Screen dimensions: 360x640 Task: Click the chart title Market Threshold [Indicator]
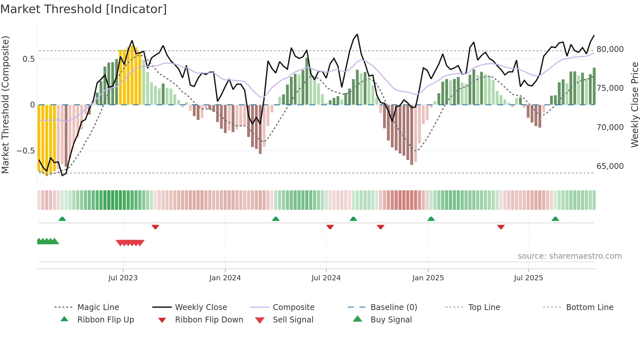[84, 9]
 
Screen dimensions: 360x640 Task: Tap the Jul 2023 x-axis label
[123, 278]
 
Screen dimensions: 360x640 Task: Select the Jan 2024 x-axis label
[225, 278]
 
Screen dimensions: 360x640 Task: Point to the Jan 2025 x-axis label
[428, 278]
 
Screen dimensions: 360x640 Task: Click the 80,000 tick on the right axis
[610, 49]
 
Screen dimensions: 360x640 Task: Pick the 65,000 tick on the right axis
[610, 166]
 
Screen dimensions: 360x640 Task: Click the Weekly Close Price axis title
[634, 105]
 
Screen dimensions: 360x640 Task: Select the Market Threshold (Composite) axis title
[5, 105]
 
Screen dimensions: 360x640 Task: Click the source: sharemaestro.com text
[569, 256]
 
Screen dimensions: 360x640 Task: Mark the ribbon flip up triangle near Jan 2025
[431, 219]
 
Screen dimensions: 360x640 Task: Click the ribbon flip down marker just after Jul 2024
[330, 227]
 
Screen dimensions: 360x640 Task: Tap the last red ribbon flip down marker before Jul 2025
[501, 227]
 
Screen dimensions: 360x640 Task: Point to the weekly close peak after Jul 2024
[357, 34]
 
